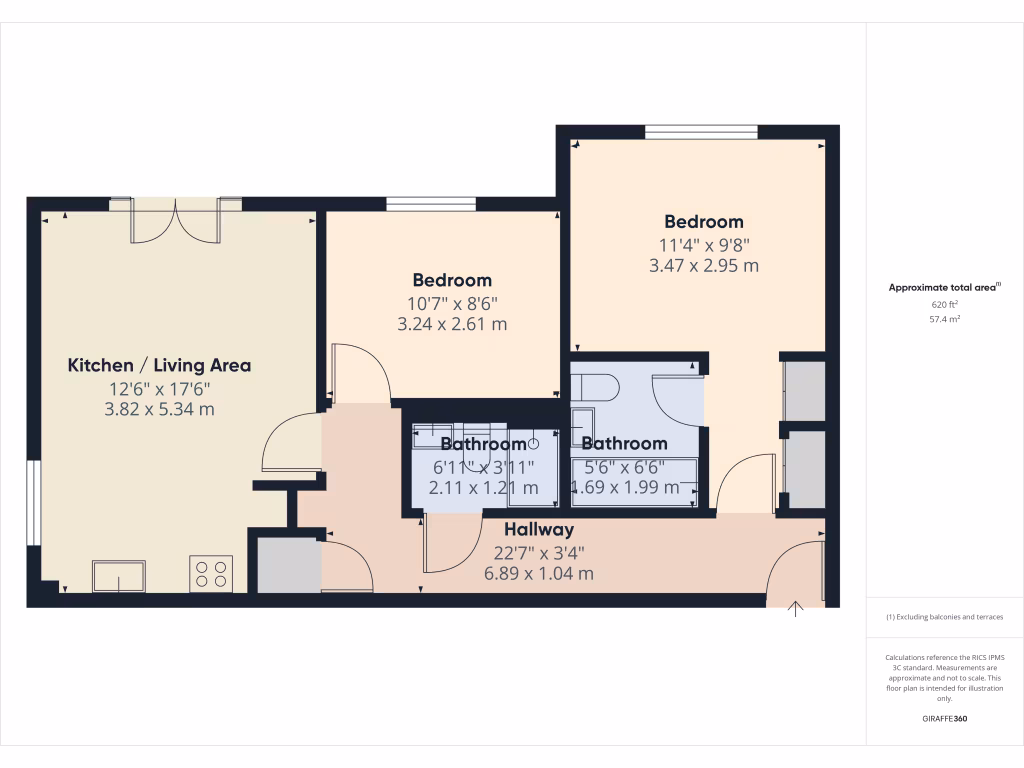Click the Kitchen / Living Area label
click(x=159, y=365)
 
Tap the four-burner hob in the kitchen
click(x=211, y=574)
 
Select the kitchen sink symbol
click(x=118, y=576)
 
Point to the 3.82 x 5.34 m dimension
click(x=159, y=409)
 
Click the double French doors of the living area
click(x=176, y=220)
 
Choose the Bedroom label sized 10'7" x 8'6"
click(x=453, y=280)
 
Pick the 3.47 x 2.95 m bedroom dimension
click(x=704, y=266)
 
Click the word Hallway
click(x=538, y=529)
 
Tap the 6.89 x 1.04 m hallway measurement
click(x=538, y=573)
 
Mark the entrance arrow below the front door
click(x=797, y=609)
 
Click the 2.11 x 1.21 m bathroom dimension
click(x=483, y=488)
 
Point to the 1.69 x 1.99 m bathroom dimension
click(x=625, y=488)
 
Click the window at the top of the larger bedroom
click(x=701, y=131)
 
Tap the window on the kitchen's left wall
click(x=33, y=502)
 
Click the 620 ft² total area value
click(x=944, y=304)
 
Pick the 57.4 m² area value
click(x=944, y=319)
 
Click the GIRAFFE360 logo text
click(x=944, y=719)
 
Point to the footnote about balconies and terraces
click(x=944, y=617)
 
